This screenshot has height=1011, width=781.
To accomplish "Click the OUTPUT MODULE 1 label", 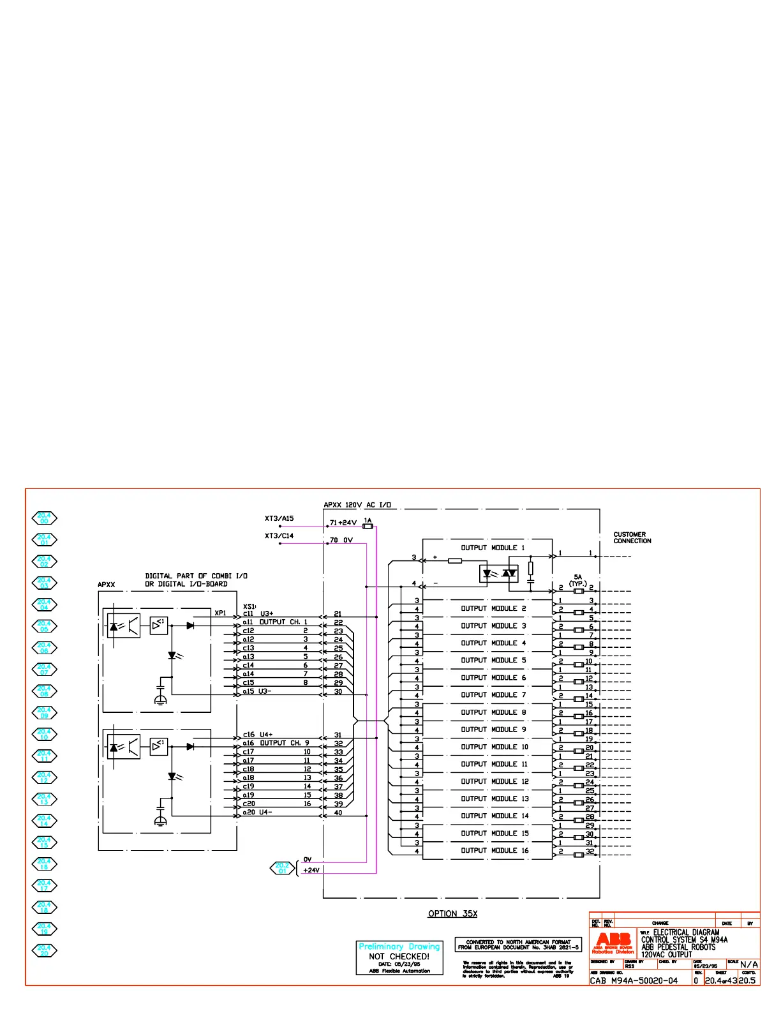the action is pos(493,548).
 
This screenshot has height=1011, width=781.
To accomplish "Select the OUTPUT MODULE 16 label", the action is pos(495,850).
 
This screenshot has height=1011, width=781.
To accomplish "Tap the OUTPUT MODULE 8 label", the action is pos(493,712).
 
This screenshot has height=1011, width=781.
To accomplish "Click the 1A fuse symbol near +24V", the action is pos(368,526).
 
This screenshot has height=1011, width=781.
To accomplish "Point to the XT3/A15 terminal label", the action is pos(279,519).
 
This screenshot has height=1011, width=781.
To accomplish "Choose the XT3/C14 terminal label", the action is pos(279,536).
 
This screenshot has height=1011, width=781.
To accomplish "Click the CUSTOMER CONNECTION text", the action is pos(632,537).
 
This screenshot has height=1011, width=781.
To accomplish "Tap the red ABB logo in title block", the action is pos(613,940).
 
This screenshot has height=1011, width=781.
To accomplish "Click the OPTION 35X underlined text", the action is pos(452,914).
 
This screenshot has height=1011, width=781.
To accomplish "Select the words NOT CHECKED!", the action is pos(399,956).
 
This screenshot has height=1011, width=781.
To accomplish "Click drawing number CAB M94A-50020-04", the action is pos(634,980).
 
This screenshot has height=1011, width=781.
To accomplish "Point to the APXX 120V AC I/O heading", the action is pos(357,505).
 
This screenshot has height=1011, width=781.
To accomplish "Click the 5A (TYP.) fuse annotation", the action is pos(578,580).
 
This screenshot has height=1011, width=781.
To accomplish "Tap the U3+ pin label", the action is pos(266,614).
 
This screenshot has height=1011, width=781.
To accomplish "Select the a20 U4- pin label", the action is pos(257,813).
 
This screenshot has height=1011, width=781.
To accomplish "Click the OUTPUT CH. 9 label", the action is pos(284,743).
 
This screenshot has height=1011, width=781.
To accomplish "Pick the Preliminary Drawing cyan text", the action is pos(399,947).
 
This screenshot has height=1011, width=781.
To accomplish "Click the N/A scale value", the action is pos(749,964).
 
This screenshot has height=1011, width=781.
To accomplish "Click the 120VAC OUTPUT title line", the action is pos(667,954).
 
